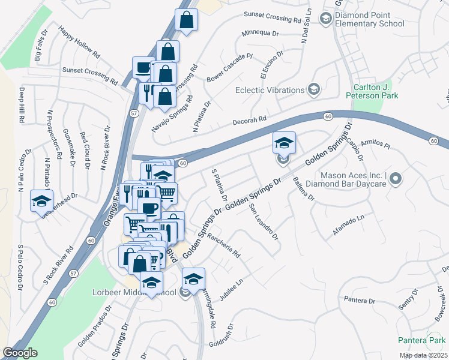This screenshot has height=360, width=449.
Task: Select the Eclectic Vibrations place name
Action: pos(270,90)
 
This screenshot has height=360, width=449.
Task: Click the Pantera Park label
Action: pos(421,340)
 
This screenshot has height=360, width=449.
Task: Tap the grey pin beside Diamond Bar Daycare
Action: pos(395,179)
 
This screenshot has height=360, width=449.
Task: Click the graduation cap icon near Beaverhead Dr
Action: pos(41,200)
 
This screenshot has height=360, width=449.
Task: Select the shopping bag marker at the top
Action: pos(187,20)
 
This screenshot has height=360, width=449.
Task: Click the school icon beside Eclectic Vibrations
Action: pos(313,90)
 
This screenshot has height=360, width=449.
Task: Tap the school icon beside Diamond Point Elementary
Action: pos(326,19)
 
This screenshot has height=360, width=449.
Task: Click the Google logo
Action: pos(20,353)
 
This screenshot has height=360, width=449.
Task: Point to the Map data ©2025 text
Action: pos(423,355)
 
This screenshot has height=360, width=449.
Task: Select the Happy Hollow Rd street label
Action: pos(79,42)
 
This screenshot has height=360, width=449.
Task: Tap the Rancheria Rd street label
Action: pos(223,245)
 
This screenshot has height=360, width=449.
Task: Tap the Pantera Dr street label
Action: pos(360,300)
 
